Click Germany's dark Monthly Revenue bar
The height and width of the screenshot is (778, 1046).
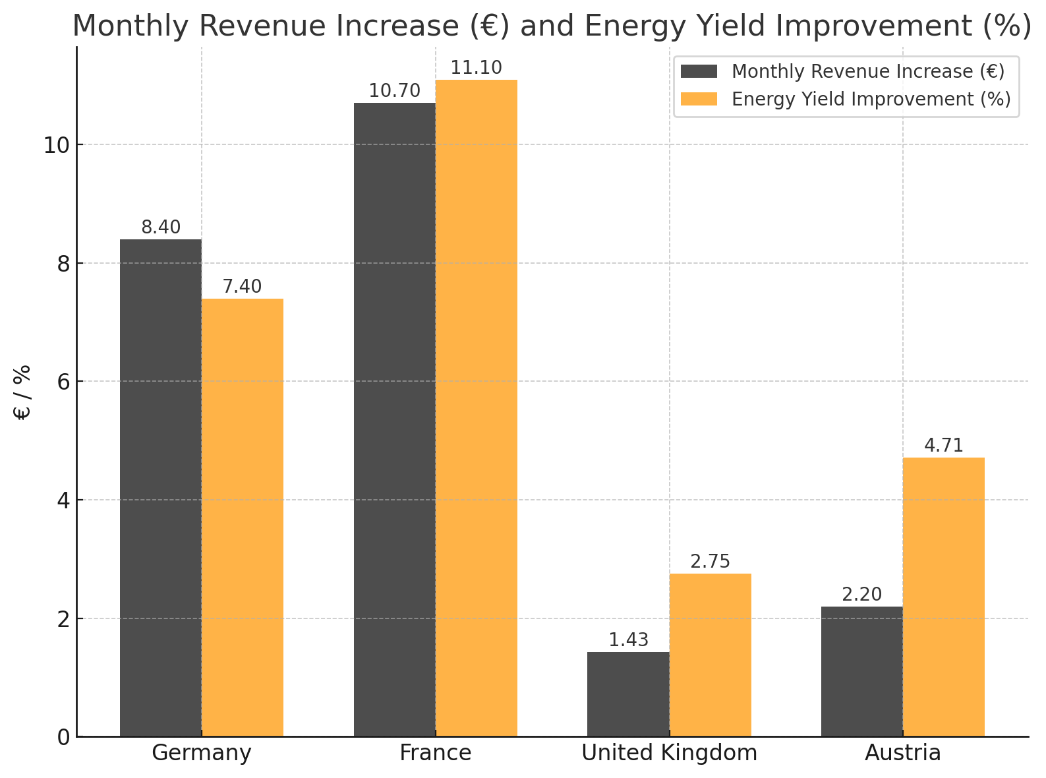(x=161, y=488)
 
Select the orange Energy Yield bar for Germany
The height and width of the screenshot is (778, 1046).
(x=243, y=518)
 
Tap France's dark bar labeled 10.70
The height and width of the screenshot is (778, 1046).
(x=394, y=419)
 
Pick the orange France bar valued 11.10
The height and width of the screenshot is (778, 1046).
(x=477, y=408)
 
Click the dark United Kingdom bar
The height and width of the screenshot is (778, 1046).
(x=628, y=694)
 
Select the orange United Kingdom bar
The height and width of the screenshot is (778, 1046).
(x=711, y=655)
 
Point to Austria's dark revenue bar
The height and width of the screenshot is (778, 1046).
(x=861, y=671)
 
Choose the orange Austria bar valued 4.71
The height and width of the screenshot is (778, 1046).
(x=944, y=597)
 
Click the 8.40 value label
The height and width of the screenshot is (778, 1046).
(x=161, y=227)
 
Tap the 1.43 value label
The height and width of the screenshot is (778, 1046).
(x=628, y=640)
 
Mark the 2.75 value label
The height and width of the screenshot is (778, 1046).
(x=711, y=562)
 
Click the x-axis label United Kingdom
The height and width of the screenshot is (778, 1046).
(x=669, y=753)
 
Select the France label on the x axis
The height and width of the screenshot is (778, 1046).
(x=435, y=753)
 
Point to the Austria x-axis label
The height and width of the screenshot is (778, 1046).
(x=902, y=753)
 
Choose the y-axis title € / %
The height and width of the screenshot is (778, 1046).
(x=22, y=392)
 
